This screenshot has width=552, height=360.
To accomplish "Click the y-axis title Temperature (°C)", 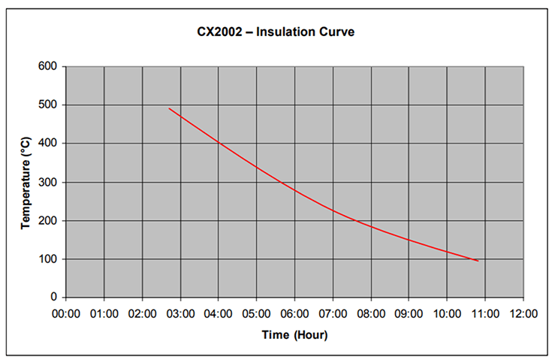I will coord(26,181).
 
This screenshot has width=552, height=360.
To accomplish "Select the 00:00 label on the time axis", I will coord(66,313).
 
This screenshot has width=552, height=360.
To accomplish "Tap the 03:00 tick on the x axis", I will coord(180,313).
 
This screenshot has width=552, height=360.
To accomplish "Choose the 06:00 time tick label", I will coord(294,313).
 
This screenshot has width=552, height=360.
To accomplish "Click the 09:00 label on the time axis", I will coord(409,313).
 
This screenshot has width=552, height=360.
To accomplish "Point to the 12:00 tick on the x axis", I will coord(523,313).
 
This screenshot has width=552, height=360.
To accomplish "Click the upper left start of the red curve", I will coord(169,108).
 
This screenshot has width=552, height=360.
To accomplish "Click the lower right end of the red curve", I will coord(478,261).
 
